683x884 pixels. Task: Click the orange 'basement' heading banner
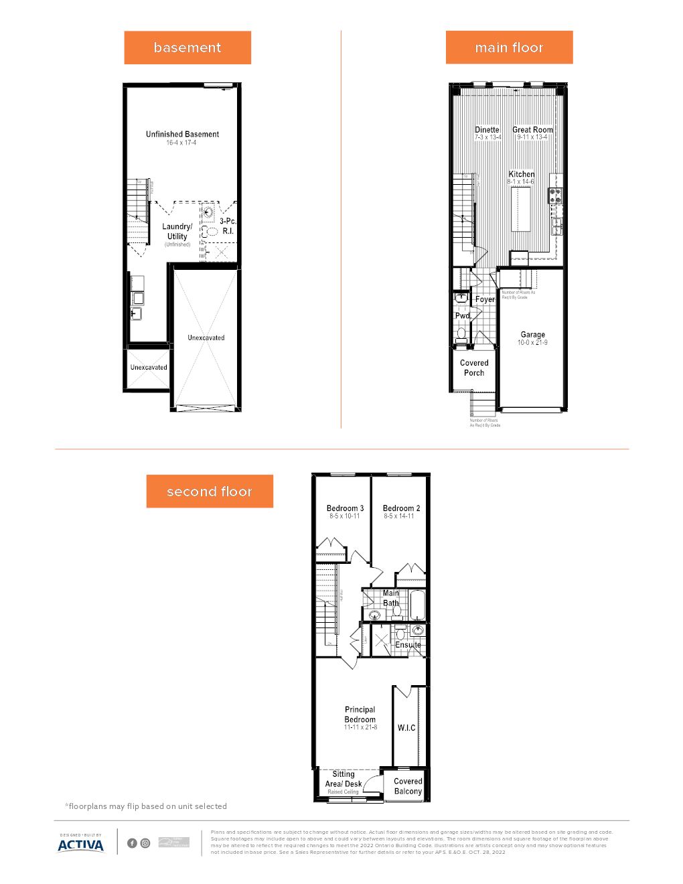click(x=187, y=48)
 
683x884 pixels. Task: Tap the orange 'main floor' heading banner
click(x=509, y=48)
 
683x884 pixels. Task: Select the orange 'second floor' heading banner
click(x=210, y=492)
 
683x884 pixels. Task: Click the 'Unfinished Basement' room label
click(x=182, y=135)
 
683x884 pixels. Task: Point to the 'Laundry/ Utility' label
click(x=177, y=232)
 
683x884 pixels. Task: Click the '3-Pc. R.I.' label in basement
click(x=228, y=226)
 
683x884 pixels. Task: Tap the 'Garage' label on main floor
click(x=533, y=335)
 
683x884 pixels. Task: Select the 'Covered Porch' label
click(x=474, y=368)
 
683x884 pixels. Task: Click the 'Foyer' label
click(x=485, y=299)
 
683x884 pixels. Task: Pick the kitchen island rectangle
click(x=521, y=209)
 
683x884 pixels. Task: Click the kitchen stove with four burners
click(x=556, y=196)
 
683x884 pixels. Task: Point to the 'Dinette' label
click(x=487, y=130)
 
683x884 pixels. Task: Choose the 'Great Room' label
click(x=533, y=130)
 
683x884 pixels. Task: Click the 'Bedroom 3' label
click(x=345, y=508)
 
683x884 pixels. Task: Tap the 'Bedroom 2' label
click(x=402, y=508)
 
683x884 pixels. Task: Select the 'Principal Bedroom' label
click(x=360, y=715)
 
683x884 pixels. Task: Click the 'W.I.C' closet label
click(x=406, y=728)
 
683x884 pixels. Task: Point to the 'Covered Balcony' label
click(x=408, y=786)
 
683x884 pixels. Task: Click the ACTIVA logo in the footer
click(x=81, y=844)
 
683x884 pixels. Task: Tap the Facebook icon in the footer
click(x=132, y=843)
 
